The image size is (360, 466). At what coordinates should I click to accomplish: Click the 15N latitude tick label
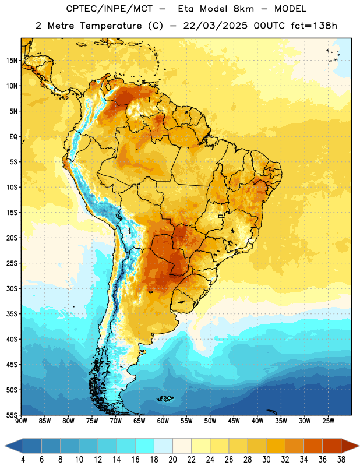[x=12, y=61]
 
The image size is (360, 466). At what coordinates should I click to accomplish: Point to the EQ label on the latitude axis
[x=13, y=137]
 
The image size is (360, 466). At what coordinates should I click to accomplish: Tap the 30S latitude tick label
[x=12, y=288]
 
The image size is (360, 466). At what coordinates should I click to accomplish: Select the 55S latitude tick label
[x=12, y=415]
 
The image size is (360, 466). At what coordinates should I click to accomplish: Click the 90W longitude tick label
[x=22, y=421]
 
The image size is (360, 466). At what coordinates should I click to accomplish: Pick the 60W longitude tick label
[x=163, y=421]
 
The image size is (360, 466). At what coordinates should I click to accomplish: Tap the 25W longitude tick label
[x=328, y=421]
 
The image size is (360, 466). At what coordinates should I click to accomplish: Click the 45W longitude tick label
[x=234, y=421]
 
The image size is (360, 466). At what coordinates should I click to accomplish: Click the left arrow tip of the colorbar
[x=5, y=446]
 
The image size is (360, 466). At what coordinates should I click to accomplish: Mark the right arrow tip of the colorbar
[x=359, y=446]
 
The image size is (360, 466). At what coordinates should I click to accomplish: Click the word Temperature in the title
[x=111, y=26]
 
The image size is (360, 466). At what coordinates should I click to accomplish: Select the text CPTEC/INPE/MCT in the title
[x=110, y=9]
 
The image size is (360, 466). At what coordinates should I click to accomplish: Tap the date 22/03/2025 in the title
[x=215, y=26]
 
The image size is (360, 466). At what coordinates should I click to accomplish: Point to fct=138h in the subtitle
[x=314, y=26]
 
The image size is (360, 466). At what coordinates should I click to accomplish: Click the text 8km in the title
[x=243, y=9]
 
